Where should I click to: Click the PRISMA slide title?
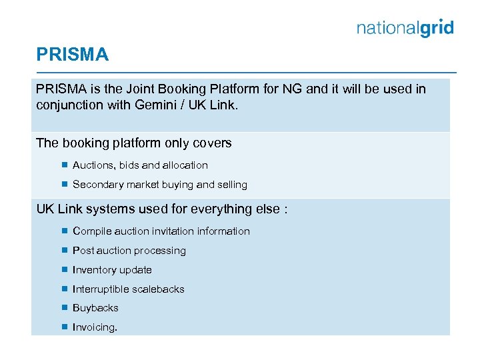click(x=72, y=55)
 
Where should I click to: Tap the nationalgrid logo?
click(x=405, y=28)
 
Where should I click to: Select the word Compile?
click(x=91, y=231)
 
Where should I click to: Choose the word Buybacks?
click(x=95, y=308)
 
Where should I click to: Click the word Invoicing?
click(x=95, y=327)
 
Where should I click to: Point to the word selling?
click(x=232, y=185)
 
